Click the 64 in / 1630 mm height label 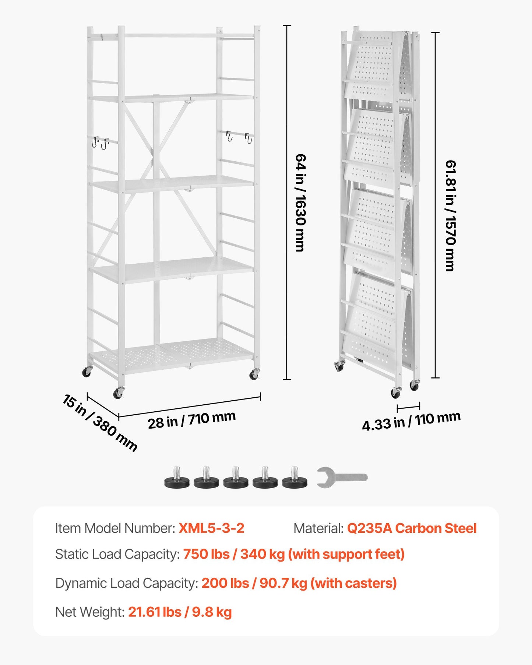click(300, 203)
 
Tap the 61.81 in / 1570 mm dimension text click(450, 216)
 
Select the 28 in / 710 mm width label click(191, 420)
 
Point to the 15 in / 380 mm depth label click(100, 423)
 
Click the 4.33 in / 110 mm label click(411, 421)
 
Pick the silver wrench click(342, 477)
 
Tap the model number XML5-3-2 click(211, 528)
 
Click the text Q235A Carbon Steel click(412, 528)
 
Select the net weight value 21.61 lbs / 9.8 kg click(180, 612)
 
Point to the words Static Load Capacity click(117, 554)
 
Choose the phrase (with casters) click(353, 583)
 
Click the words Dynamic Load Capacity click(126, 583)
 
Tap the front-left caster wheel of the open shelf click(119, 393)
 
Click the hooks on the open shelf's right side click(239, 137)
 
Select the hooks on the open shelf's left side click(101, 142)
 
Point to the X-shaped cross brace click(152, 155)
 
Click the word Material click(318, 528)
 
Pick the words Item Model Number click(115, 528)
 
